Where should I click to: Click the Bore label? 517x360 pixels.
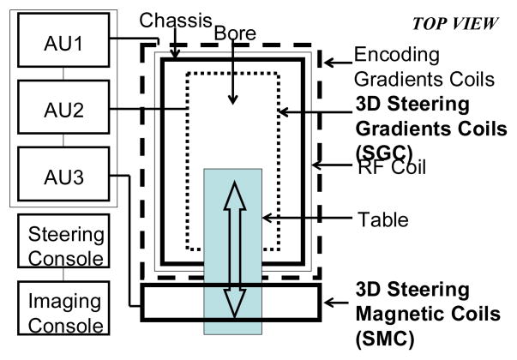coord(231,35)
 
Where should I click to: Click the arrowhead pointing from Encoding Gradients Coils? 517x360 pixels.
coord(329,61)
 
